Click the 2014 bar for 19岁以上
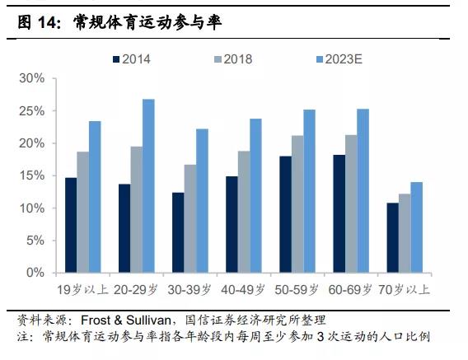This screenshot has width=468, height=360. pos(71,225)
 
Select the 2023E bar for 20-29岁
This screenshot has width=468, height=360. pos(148,185)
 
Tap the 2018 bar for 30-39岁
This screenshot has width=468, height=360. pos(190,218)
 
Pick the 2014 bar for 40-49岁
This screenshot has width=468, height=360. pos(232,224)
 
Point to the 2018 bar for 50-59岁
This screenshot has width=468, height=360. pos(297,204)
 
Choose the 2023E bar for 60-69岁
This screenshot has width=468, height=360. pos(363,191)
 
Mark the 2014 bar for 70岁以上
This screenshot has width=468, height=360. pos(393,237)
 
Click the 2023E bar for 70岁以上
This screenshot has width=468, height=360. pos(417,227)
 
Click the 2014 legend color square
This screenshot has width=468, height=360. pos(116,59)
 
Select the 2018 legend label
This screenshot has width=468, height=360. pos(238,59)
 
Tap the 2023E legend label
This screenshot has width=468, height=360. pos(344,59)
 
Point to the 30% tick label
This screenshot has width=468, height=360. pos(32,78)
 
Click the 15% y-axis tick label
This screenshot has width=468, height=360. pos(32,175)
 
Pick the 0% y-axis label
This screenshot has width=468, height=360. pos(35,273)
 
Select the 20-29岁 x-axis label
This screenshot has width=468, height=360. pos(136,289)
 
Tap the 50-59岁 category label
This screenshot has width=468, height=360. pos(297,289)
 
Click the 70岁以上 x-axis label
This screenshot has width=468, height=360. pos(404,289)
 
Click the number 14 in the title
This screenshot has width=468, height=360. pos(47,22)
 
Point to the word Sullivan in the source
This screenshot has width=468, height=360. pos(148,320)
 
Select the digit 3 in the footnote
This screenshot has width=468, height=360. pos(321,337)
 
